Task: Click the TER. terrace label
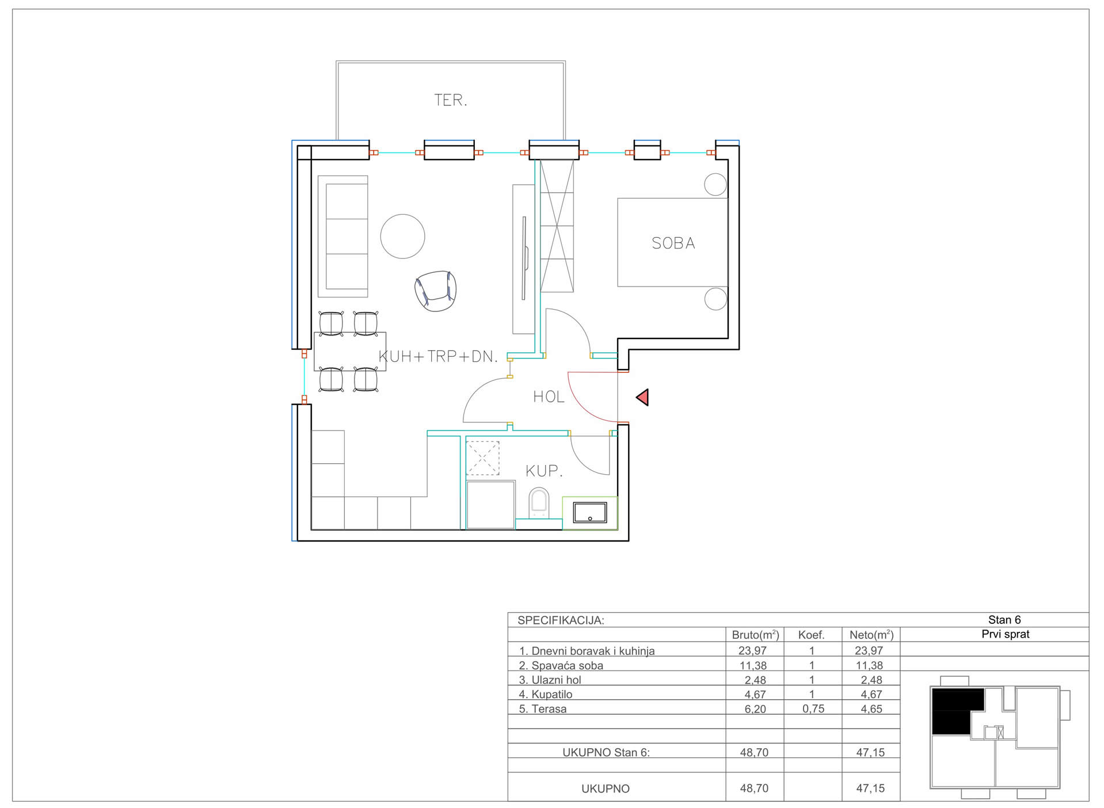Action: click(450, 100)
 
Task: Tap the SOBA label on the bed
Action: click(673, 243)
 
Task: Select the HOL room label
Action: click(549, 397)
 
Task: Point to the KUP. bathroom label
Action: click(544, 471)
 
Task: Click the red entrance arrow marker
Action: click(642, 397)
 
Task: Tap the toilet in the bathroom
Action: click(539, 502)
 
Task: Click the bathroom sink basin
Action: click(590, 512)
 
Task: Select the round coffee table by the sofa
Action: click(402, 237)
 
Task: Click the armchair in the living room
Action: click(436, 291)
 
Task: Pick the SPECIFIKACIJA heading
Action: click(561, 620)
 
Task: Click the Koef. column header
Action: click(811, 635)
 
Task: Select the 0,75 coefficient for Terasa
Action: click(813, 709)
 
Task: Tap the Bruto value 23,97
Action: click(752, 650)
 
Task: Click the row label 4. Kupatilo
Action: click(546, 695)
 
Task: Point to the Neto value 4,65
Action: click(871, 709)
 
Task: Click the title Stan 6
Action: click(1004, 620)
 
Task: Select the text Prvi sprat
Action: click(1005, 634)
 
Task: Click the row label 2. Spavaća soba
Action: click(561, 665)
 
